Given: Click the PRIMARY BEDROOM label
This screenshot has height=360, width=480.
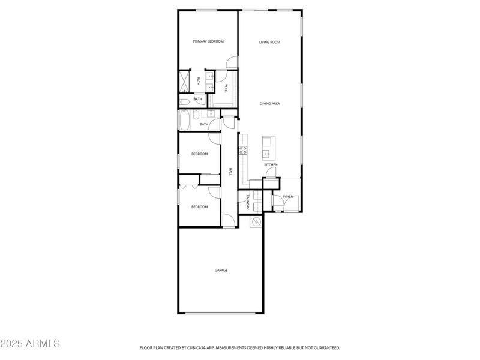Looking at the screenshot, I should pyautogui.click(x=208, y=41).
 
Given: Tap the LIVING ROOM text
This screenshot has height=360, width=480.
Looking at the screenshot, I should pyautogui.click(x=269, y=42).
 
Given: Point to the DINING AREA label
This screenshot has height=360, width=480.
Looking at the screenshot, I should pyautogui.click(x=269, y=103).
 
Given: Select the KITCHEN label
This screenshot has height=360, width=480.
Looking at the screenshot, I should pyautogui.click(x=271, y=164).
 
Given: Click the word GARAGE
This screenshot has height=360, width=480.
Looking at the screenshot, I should pyautogui.click(x=221, y=270).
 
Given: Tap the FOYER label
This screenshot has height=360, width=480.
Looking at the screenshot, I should pyautogui.click(x=288, y=196).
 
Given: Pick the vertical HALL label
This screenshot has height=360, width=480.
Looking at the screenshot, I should pyautogui.click(x=230, y=172).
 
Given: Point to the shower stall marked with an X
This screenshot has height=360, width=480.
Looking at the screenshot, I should pyautogui.click(x=184, y=81).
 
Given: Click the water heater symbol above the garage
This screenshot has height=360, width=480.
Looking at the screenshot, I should pyautogui.click(x=256, y=221).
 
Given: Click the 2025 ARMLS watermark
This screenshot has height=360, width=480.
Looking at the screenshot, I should pyautogui.click(x=30, y=344).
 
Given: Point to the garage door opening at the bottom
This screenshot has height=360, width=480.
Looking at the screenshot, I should pyautogui.click(x=220, y=313).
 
